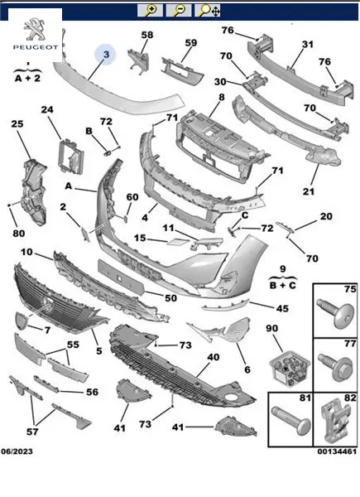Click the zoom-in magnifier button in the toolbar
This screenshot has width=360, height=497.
pyautogui.click(x=150, y=11)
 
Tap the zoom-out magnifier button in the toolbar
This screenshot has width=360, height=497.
pyautogui.click(x=179, y=11)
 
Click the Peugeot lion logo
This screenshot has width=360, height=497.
pyautogui.click(x=34, y=30)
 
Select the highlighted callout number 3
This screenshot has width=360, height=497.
pyautogui.click(x=106, y=55)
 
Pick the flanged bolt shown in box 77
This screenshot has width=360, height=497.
pyautogui.click(x=336, y=364)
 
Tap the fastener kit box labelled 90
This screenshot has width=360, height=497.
pyautogui.click(x=289, y=368)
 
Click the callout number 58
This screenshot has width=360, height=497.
pyautogui.click(x=147, y=35)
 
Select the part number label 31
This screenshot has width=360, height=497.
pyautogui.click(x=307, y=45)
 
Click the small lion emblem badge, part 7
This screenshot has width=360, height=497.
pyautogui.click(x=22, y=321)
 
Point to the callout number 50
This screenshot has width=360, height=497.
pyautogui.click(x=170, y=298)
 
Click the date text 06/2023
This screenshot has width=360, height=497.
pyautogui.click(x=17, y=451)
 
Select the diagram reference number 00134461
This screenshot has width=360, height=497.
pyautogui.click(x=337, y=451)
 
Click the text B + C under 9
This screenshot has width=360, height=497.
pyautogui.click(x=283, y=286)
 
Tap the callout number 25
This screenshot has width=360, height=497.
pyautogui.click(x=17, y=123)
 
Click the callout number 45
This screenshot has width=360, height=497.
pyautogui.click(x=282, y=308)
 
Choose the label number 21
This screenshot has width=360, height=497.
pyautogui.click(x=309, y=191)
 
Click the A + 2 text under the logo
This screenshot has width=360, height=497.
pyautogui.click(x=28, y=79)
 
